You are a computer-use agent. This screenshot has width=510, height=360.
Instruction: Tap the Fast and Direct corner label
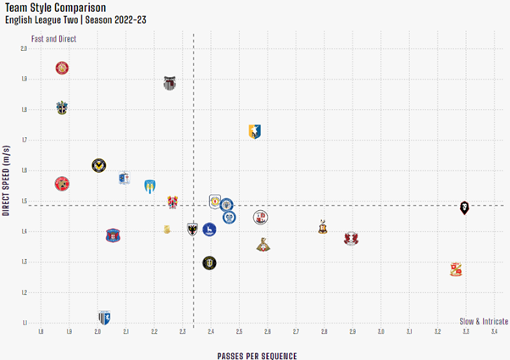pos(53,39)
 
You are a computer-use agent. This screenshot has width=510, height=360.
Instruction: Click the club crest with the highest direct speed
pos(62,68)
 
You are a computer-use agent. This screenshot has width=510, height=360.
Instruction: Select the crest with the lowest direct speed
pos(103,317)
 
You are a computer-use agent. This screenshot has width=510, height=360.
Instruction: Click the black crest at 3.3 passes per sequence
pos(464,208)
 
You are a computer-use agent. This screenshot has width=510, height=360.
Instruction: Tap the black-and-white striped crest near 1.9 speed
pos(169,83)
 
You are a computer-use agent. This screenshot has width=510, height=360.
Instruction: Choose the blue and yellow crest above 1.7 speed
pos(255,130)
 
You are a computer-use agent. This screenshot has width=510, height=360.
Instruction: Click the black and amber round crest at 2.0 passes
pos(98,165)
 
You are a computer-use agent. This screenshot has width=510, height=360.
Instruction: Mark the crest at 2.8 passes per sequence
pos(323,227)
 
